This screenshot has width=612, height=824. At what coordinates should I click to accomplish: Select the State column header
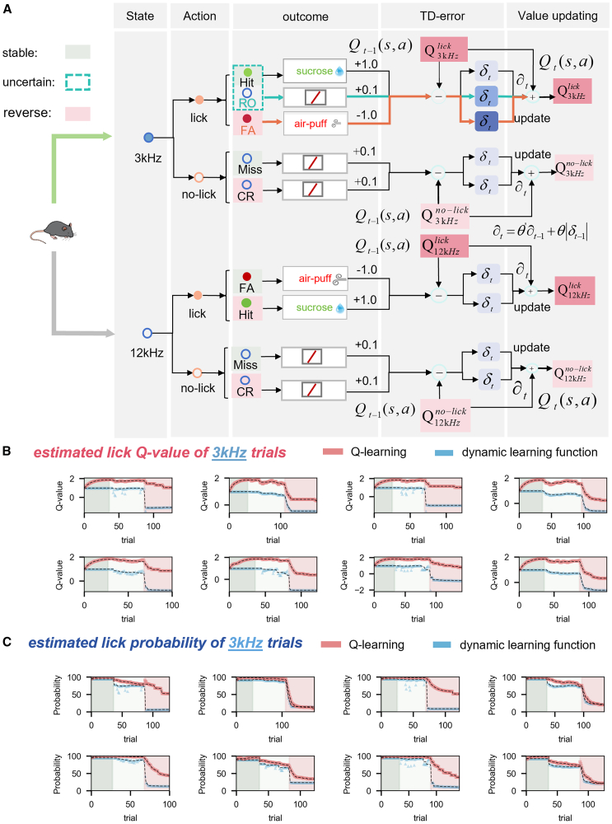click(138, 16)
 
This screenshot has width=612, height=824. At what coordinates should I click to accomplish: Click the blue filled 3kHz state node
click(148, 137)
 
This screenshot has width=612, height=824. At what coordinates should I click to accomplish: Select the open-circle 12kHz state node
click(148, 333)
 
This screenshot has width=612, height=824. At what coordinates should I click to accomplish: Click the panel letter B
click(7, 452)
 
